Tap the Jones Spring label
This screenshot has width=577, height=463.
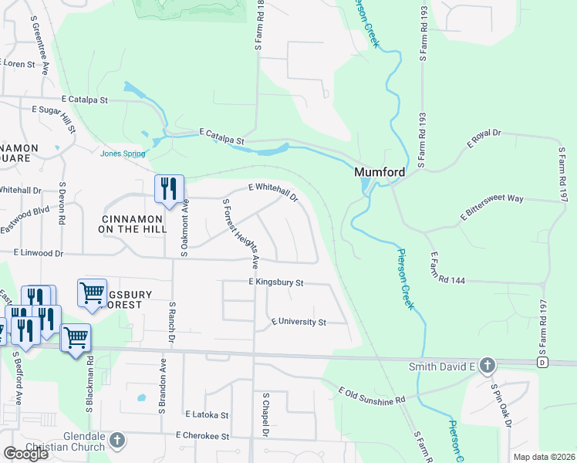point(123,153)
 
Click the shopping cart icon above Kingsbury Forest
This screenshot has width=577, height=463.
point(92,293)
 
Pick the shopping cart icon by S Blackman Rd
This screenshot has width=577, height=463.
point(76,337)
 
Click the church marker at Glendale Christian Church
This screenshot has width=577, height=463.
point(116,440)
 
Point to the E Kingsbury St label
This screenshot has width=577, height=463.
point(276,283)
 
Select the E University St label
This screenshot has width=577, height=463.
point(298,322)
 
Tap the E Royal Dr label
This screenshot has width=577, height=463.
point(484,140)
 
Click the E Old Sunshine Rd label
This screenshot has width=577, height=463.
point(372,396)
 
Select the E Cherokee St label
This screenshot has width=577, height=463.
point(203,436)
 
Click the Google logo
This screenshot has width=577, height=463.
point(25,453)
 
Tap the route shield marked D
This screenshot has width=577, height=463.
point(542,362)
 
